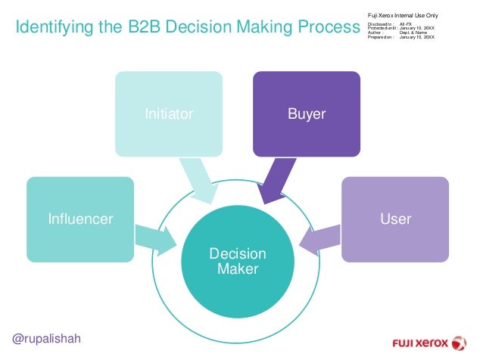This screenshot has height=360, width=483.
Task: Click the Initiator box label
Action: pyautogui.click(x=170, y=114)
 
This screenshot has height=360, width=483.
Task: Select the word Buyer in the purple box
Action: pyautogui.click(x=307, y=114)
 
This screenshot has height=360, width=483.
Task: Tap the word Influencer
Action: pyautogui.click(x=79, y=219)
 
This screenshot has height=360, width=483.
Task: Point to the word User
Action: pyautogui.click(x=396, y=219)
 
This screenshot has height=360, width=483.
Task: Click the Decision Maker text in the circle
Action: pyautogui.click(x=238, y=261)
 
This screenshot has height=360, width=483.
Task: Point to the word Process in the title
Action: pyautogui.click(x=332, y=29)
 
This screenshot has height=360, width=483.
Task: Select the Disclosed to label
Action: pyautogui.click(x=380, y=24)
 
